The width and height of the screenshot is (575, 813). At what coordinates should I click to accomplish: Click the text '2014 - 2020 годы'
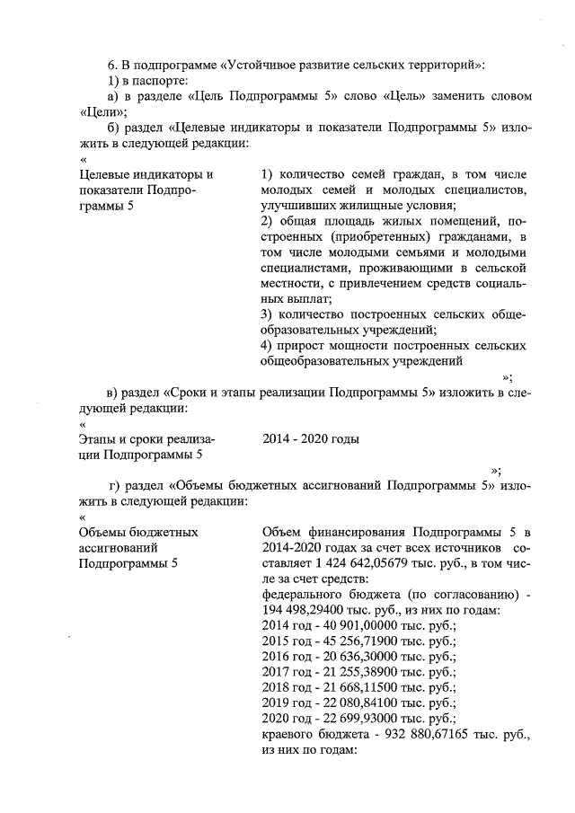click(x=311, y=439)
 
